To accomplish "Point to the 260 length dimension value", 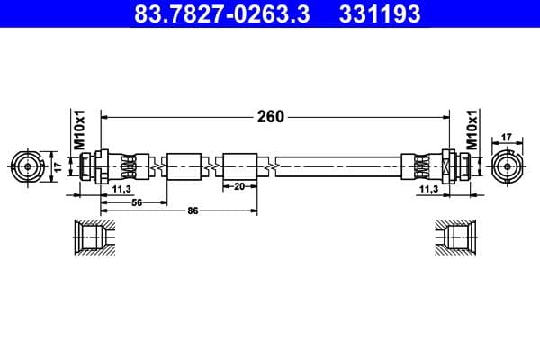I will [270, 116].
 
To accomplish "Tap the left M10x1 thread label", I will [78, 130].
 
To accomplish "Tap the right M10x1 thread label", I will [472, 130].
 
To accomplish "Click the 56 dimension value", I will [137, 202].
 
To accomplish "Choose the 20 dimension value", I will [239, 187].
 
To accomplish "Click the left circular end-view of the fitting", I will [29, 166].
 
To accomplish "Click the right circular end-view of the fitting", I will [509, 166].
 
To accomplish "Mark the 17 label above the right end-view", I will [506, 138].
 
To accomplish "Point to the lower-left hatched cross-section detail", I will [94, 238].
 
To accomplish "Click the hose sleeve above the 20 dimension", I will [239, 166].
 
